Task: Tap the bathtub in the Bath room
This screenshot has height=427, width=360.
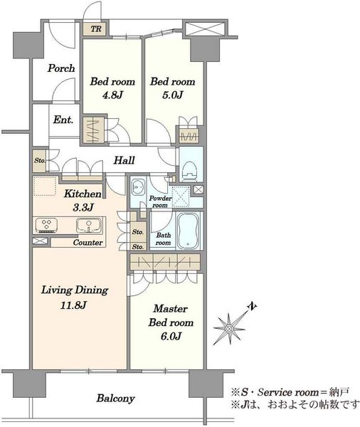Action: click(x=189, y=230)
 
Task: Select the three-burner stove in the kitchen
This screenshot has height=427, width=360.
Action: click(x=46, y=225)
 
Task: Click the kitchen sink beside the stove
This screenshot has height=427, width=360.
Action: click(x=89, y=225)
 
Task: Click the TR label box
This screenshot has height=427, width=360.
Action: click(x=96, y=29)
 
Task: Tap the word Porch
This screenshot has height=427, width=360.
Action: click(x=61, y=68)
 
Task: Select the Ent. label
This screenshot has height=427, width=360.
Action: click(x=63, y=120)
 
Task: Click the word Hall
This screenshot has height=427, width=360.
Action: click(x=125, y=160)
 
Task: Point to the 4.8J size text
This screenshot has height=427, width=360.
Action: click(x=112, y=95)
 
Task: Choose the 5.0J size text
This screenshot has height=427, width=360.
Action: click(x=173, y=95)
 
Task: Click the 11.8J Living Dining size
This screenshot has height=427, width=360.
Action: click(x=73, y=305)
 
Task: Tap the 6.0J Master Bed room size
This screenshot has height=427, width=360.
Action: click(x=171, y=337)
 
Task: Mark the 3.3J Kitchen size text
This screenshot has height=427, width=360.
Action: click(x=83, y=208)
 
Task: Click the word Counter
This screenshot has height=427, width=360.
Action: click(x=88, y=243)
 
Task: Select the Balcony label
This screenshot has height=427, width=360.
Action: click(x=115, y=399)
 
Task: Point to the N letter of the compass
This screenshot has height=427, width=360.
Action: click(x=253, y=307)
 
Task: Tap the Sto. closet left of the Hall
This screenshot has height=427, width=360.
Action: click(x=39, y=161)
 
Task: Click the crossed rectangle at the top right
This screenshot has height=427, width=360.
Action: click(x=205, y=28)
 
